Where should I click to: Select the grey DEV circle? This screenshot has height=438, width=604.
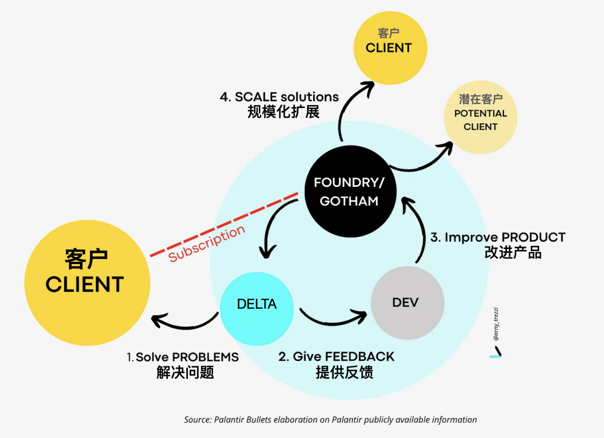(408, 303)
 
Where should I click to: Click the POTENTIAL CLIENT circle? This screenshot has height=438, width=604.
(480, 117)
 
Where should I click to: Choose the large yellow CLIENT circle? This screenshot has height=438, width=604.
(87, 282)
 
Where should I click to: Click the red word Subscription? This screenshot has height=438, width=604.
(207, 243)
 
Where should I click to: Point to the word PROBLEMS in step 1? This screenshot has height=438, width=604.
(205, 357)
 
